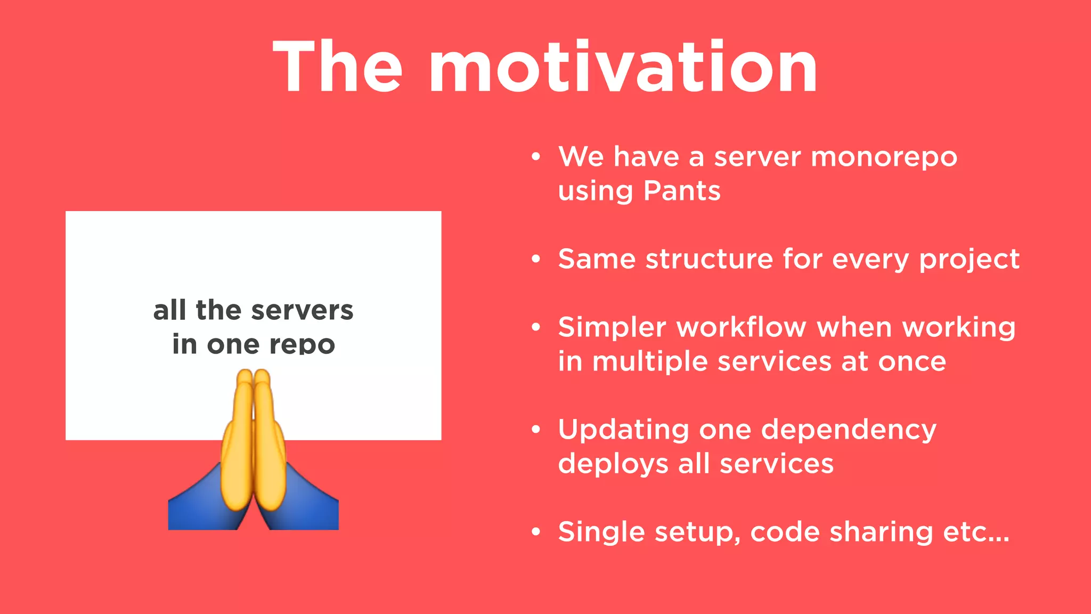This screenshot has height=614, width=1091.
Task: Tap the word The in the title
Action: pyautogui.click(x=338, y=68)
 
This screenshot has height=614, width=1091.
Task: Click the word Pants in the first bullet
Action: pyautogui.click(x=682, y=191)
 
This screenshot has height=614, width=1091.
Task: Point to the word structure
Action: pyautogui.click(x=709, y=260)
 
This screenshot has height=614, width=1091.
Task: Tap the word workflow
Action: pyautogui.click(x=741, y=327)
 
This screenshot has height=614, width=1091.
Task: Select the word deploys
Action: pyautogui.click(x=613, y=464)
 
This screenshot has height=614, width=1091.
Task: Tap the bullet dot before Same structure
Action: pyautogui.click(x=536, y=260)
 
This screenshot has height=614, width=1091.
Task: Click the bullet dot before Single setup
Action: pyautogui.click(x=536, y=532)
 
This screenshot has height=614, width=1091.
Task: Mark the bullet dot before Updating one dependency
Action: pyautogui.click(x=536, y=430)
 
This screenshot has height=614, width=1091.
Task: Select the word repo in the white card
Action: pyautogui.click(x=302, y=345)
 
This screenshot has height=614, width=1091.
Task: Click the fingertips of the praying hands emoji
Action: pyautogui.click(x=253, y=376)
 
